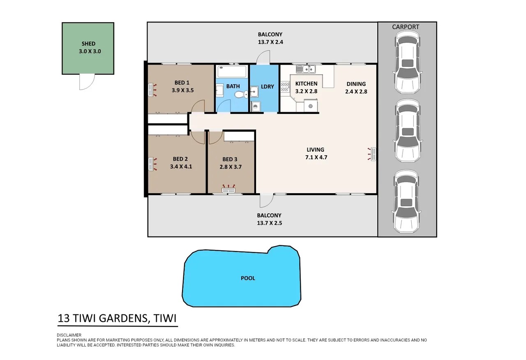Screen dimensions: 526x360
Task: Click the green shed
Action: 88,48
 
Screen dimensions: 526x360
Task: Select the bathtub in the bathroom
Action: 232,72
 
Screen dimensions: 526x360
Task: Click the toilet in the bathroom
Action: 241,95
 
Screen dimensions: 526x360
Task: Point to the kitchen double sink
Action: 306,69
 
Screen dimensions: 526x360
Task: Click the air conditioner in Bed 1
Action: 152,90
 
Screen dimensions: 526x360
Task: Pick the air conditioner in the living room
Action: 372,154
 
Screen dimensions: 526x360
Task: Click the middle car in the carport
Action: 408,131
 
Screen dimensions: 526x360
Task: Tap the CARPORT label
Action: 406,27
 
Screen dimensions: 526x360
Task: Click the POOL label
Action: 248,278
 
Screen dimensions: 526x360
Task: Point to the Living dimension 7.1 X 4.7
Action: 316,157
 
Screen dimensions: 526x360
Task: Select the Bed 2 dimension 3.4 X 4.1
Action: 181,166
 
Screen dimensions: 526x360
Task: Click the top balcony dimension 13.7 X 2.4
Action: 270,42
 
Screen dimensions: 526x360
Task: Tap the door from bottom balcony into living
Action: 267,201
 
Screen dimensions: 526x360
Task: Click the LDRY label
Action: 267,87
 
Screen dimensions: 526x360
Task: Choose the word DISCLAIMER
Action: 69,335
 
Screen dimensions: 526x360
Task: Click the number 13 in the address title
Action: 64,318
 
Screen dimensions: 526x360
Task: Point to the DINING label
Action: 356,84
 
